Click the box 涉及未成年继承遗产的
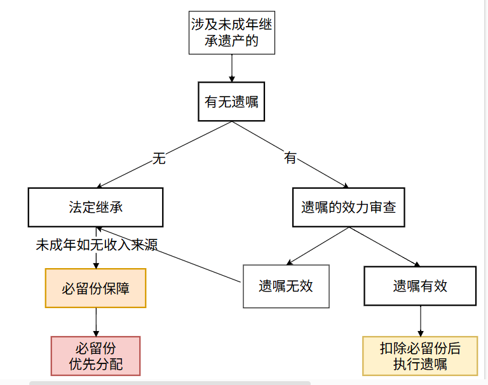point(232,34)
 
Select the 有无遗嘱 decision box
point(231,102)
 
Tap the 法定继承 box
point(95,207)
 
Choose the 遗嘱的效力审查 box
point(348,207)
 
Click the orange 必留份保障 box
point(95,288)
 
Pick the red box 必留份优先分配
point(95,356)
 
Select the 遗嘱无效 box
point(286,286)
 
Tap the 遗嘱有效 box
point(420,286)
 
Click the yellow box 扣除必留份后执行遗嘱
point(420,356)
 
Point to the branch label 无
point(159,158)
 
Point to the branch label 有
point(290,158)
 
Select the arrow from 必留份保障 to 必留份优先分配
point(96,322)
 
